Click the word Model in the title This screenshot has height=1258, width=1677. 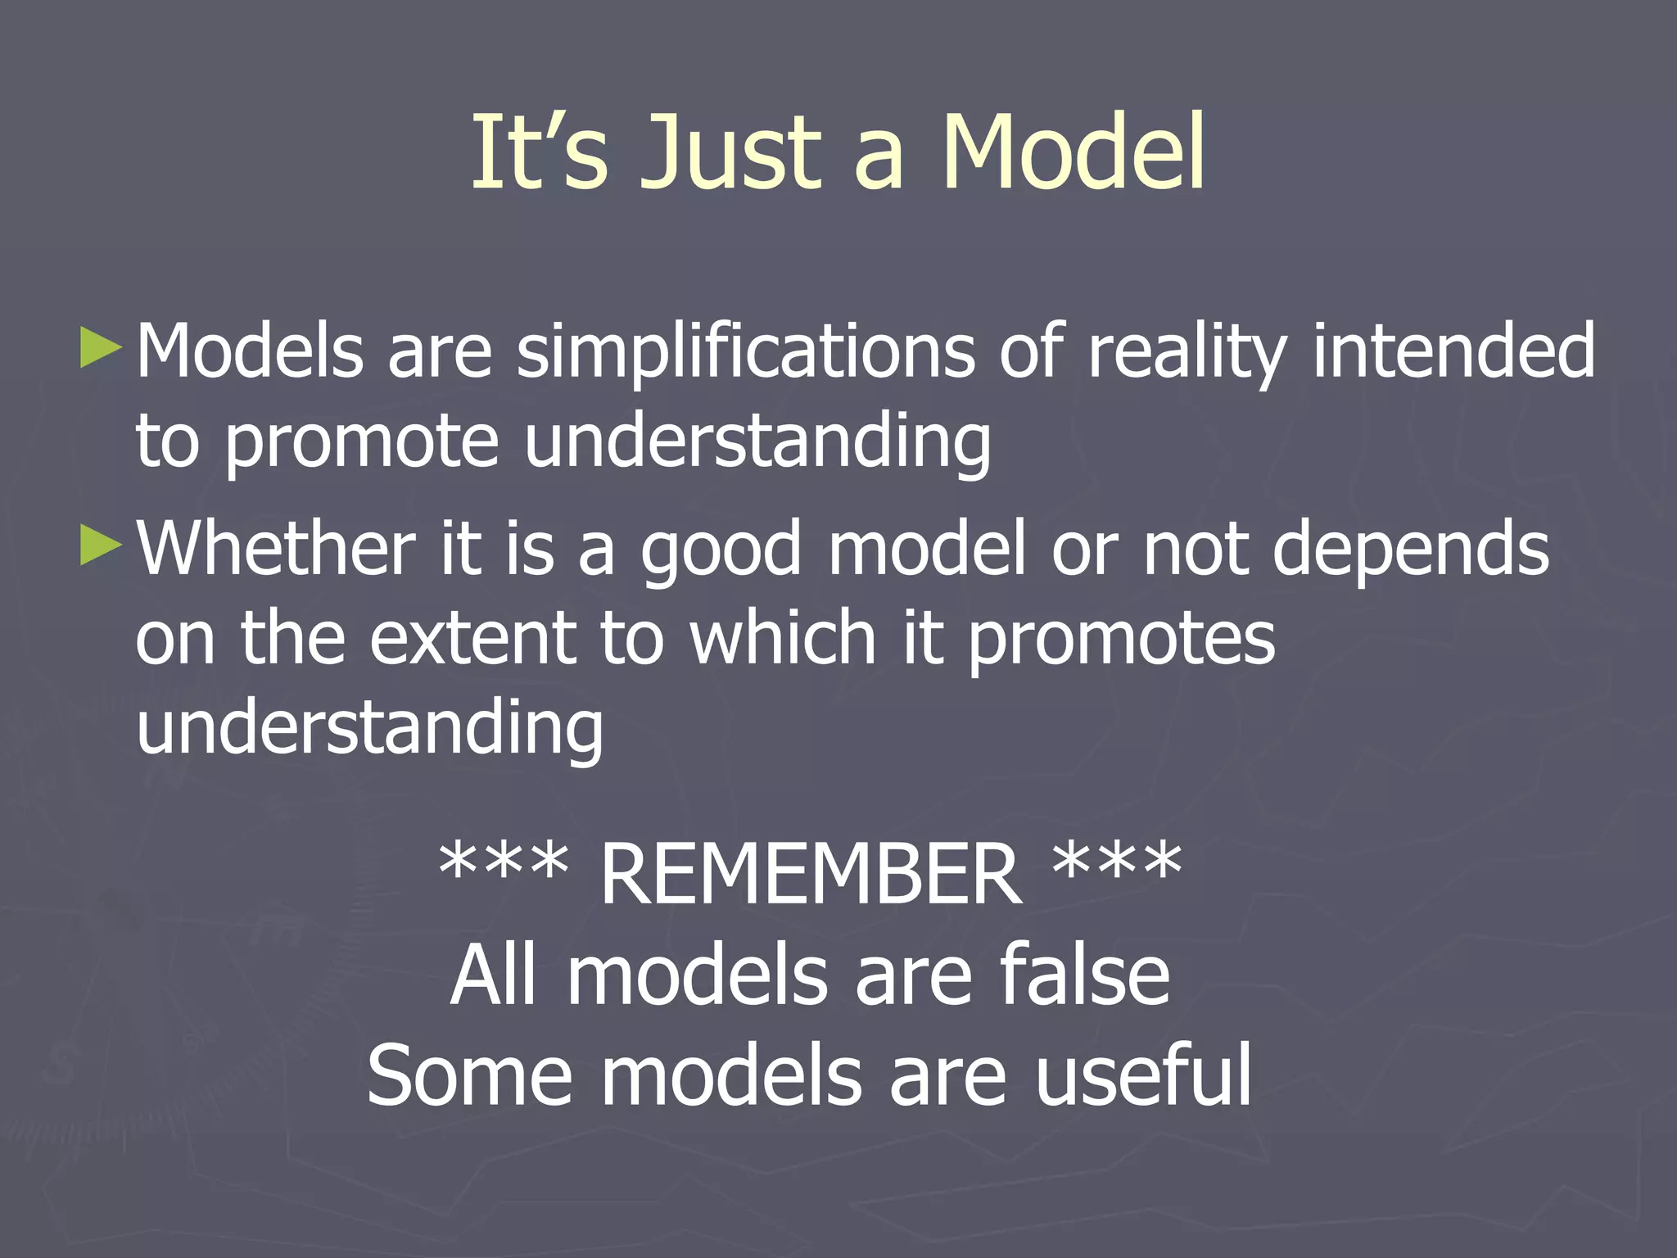pyautogui.click(x=1073, y=153)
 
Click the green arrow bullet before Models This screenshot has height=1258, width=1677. pyautogui.click(x=102, y=348)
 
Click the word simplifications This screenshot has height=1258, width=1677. pyautogui.click(x=745, y=352)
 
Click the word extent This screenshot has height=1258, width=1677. pyautogui.click(x=472, y=638)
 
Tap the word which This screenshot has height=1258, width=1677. pyautogui.click(x=783, y=638)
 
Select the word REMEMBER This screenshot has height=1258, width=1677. pyautogui.click(x=811, y=876)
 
